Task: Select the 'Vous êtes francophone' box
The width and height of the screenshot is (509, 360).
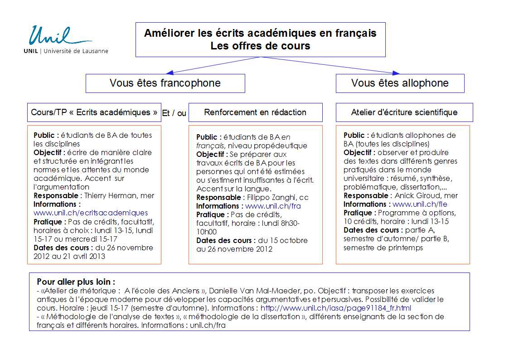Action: pyautogui.click(x=165, y=83)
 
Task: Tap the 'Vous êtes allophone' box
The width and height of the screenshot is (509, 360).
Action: pyautogui.click(x=400, y=83)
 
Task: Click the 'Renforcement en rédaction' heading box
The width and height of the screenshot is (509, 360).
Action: pyautogui.click(x=255, y=112)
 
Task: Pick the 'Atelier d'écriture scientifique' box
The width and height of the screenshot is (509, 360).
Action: pyautogui.click(x=404, y=112)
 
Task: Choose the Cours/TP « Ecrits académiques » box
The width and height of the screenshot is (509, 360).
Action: pyautogui.click(x=94, y=112)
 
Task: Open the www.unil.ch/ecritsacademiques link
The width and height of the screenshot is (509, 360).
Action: pyautogui.click(x=91, y=213)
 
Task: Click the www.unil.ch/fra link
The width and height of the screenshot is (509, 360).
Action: pyautogui.click(x=273, y=206)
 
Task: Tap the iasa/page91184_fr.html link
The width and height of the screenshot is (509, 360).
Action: pyautogui.click(x=336, y=308)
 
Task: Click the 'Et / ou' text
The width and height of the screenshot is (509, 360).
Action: pyautogui.click(x=174, y=114)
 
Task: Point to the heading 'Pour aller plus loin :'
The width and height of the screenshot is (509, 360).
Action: pyautogui.click(x=76, y=282)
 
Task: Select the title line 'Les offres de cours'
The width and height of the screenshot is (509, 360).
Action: pyautogui.click(x=260, y=46)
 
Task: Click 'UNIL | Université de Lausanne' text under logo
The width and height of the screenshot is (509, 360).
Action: pyautogui.click(x=66, y=51)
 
